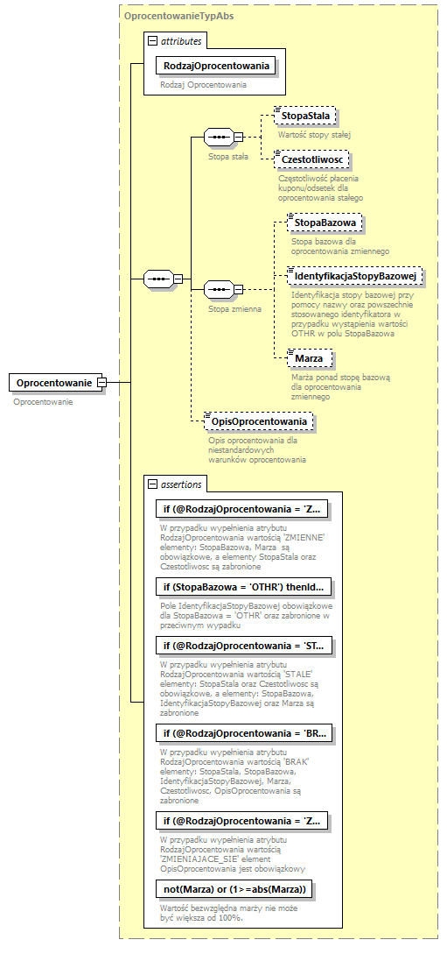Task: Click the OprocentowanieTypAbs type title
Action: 178,16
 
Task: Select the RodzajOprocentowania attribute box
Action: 215,65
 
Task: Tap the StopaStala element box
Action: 304,116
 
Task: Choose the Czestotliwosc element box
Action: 312,159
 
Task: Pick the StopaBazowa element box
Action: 325,223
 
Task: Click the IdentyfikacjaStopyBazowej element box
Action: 355,276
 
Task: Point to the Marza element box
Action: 308,358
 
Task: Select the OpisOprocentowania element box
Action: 259,421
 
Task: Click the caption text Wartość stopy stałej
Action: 313,135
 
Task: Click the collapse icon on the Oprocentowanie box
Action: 101,383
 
